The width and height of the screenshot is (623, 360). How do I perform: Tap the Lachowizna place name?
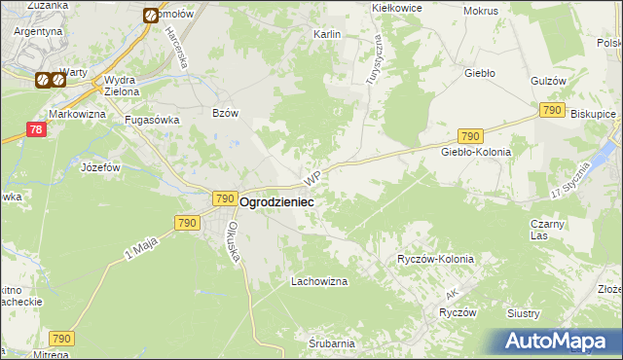pyautogui.click(x=319, y=281)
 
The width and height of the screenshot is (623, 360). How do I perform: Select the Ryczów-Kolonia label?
pyautogui.click(x=435, y=259)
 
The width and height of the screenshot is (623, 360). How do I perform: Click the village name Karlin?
pyautogui.click(x=326, y=34)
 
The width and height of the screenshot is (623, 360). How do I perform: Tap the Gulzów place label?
pyautogui.click(x=549, y=82)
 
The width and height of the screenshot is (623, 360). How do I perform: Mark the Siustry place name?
pyautogui.click(x=550, y=312)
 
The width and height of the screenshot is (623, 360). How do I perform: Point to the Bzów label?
pyautogui.click(x=225, y=113)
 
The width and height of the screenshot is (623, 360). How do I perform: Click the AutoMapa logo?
pyautogui.click(x=559, y=341)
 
